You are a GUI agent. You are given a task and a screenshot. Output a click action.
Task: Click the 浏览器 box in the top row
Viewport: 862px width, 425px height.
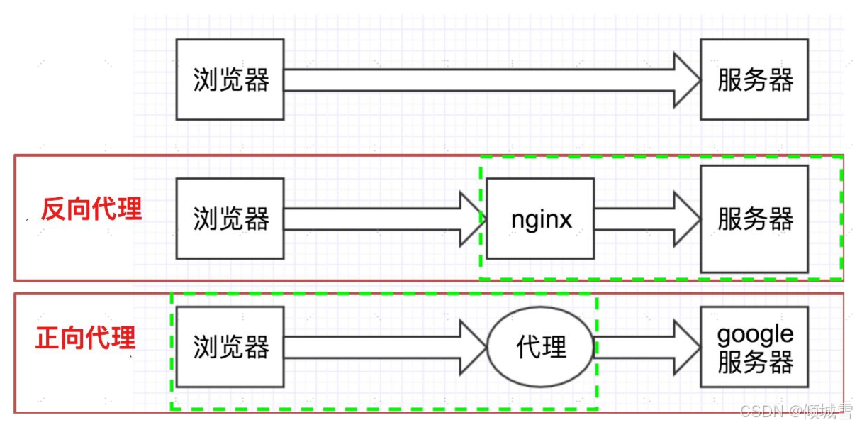point(230,79)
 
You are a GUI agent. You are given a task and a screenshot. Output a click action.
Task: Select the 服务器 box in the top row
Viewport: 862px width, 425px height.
point(754,79)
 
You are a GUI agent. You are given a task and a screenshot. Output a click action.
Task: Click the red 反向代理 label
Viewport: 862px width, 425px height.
point(91,209)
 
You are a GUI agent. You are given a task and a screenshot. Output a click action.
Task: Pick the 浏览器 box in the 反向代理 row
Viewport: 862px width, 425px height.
point(230,219)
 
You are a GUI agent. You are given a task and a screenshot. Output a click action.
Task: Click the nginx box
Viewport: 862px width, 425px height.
point(541,219)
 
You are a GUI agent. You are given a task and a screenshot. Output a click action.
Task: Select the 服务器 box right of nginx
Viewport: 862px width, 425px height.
point(754,219)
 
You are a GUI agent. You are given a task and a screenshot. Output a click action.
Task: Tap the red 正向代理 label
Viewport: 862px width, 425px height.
point(85,338)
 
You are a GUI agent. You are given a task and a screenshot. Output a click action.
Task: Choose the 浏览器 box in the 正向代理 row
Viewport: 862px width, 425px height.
point(230,346)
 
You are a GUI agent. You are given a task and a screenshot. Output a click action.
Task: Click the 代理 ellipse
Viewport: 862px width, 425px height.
point(541,347)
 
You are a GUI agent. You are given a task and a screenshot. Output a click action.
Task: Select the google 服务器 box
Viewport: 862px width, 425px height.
point(754,346)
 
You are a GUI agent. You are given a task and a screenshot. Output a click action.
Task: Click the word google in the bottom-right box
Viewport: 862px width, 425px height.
point(755,333)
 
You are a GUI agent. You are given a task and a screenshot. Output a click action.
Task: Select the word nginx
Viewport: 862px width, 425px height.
point(541,219)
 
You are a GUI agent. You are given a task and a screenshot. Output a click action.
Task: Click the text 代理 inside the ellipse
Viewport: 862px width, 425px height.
point(542,348)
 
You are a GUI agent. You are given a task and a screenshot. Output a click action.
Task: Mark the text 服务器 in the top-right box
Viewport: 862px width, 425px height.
point(755,80)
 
